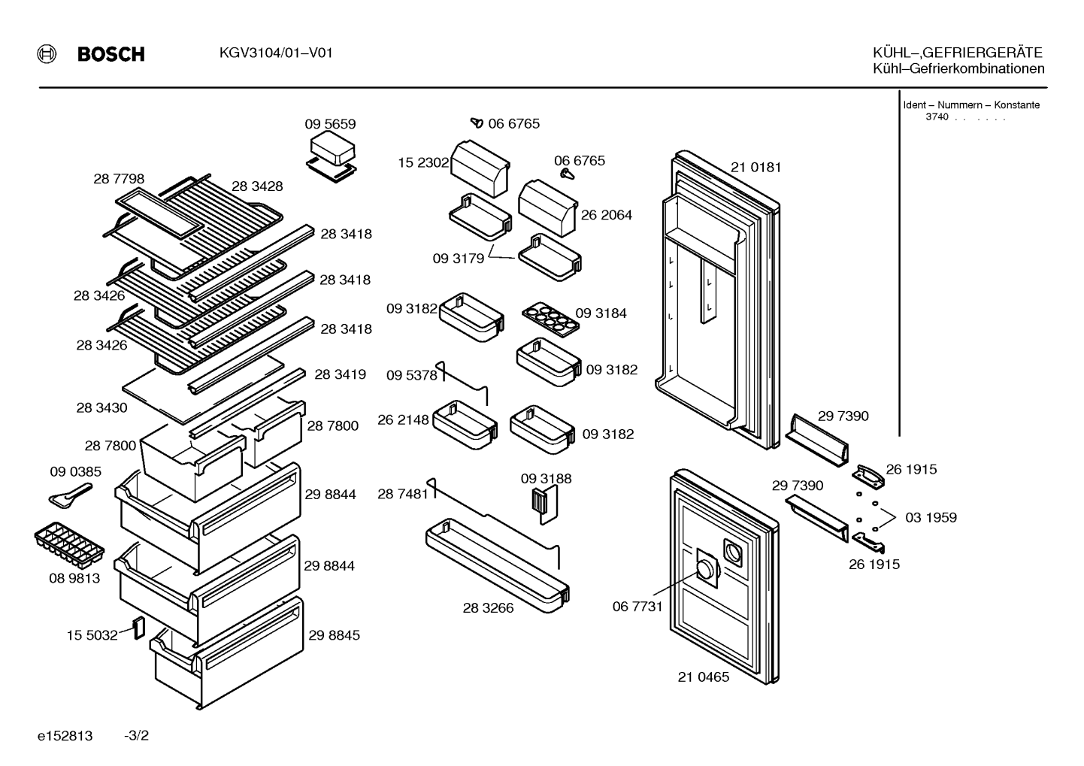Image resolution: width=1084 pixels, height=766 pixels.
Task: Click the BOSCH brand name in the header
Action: (111, 53)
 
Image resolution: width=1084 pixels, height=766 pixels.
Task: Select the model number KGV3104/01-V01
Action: (276, 53)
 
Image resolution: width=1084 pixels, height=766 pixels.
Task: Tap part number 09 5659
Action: (330, 124)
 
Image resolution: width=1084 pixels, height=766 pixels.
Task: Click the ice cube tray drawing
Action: (69, 545)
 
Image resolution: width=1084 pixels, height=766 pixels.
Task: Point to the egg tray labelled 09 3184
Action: (551, 319)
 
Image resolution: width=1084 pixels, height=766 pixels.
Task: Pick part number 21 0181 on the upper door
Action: (756, 168)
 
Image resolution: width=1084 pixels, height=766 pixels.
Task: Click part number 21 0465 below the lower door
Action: (703, 677)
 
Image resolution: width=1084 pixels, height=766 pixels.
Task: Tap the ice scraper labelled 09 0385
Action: (70, 496)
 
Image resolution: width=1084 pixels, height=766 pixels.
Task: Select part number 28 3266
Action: (488, 608)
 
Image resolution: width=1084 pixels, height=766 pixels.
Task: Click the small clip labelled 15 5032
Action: (139, 628)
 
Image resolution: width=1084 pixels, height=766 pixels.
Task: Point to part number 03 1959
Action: (931, 517)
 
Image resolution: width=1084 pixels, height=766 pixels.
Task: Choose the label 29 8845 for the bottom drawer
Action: (334, 635)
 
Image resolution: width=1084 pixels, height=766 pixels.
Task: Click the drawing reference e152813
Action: (65, 736)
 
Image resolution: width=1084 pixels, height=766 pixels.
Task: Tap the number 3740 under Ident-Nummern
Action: (937, 117)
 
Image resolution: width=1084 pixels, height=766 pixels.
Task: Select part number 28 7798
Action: (119, 179)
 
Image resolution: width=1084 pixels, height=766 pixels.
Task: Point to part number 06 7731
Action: (637, 607)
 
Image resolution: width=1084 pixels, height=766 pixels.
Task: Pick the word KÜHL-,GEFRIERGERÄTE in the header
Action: (958, 53)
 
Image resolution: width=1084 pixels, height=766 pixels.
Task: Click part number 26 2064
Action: (607, 215)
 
